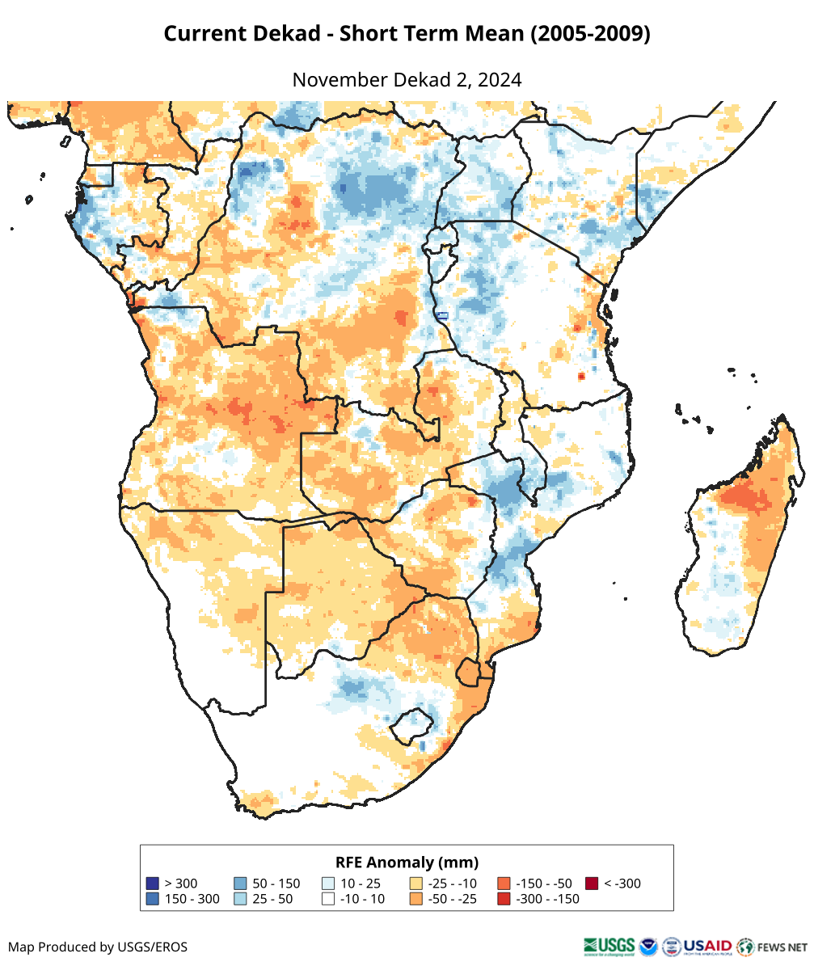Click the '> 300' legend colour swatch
point(152,884)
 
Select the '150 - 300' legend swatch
point(152,899)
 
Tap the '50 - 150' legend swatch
point(241,884)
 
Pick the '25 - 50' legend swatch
point(241,899)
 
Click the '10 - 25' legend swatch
point(328,884)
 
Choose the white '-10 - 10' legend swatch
point(328,899)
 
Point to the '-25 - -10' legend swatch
point(416,884)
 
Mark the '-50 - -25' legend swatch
point(416,899)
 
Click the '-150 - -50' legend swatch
point(504,884)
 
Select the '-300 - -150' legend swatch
point(504,899)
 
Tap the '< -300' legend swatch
point(592,884)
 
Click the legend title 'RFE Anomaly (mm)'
point(407,862)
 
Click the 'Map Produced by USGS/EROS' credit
point(98,947)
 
